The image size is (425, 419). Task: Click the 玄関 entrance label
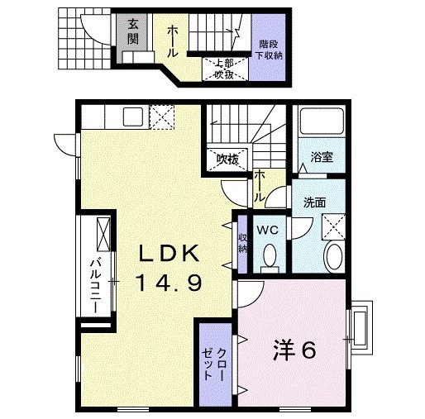[x=132, y=31]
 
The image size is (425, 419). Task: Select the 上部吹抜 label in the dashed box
[x=223, y=69]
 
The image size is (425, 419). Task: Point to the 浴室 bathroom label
[x=322, y=157]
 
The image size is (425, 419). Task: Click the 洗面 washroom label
[x=313, y=202]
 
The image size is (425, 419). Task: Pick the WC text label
[x=266, y=231]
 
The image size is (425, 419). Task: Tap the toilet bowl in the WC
[x=268, y=258]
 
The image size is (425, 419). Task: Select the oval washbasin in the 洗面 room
[x=333, y=256]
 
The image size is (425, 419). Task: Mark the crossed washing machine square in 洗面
[x=334, y=226]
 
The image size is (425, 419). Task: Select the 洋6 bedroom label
[x=294, y=351]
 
